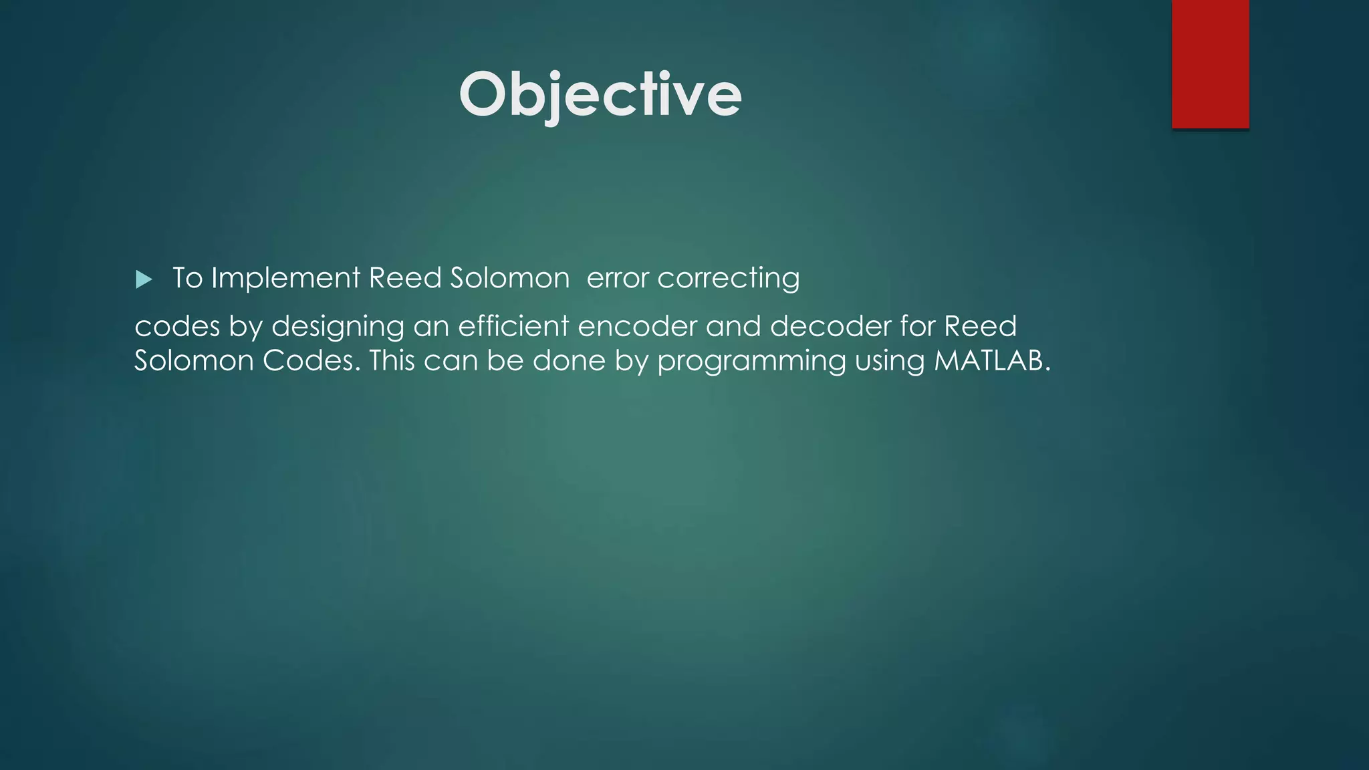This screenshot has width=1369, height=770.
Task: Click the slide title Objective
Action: click(600, 95)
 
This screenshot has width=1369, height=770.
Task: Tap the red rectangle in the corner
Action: click(1210, 63)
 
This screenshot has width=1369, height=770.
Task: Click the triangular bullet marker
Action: click(144, 279)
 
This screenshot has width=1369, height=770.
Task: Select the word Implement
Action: click(285, 278)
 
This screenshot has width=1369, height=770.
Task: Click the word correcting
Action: click(728, 278)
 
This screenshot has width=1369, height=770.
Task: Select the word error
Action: click(617, 278)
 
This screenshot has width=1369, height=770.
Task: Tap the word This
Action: click(392, 361)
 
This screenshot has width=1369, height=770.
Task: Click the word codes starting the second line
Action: click(177, 326)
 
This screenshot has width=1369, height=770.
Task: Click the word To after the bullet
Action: click(187, 278)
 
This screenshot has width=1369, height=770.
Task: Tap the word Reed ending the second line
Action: click(980, 326)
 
